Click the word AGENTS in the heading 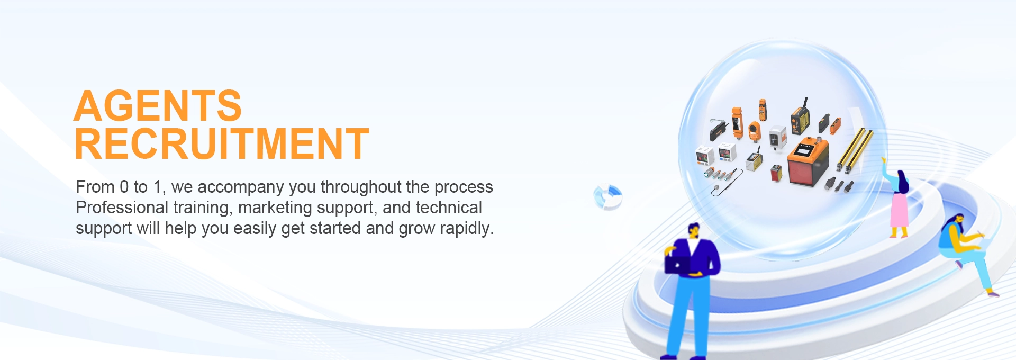click(158, 106)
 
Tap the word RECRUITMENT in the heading click(222, 143)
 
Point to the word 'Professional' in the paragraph click(122, 208)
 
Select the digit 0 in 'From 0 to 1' click(124, 187)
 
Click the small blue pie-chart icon click(607, 197)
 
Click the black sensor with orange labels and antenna click(800, 119)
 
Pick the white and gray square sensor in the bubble click(777, 137)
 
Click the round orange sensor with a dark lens click(754, 130)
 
